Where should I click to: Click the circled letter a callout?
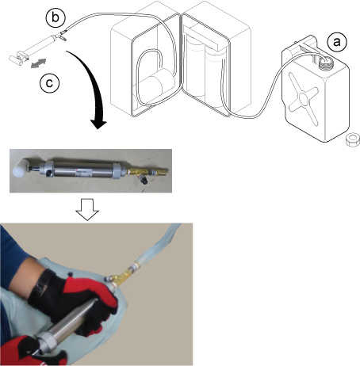tap(336, 42)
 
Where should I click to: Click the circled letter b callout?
tap(56, 17)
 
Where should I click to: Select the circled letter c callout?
tap(49, 83)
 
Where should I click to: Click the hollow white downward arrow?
tap(87, 209)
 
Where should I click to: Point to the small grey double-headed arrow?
tap(38, 63)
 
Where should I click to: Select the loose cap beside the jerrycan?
tap(353, 139)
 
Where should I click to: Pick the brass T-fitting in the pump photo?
tap(138, 173)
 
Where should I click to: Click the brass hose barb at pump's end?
tap(160, 171)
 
